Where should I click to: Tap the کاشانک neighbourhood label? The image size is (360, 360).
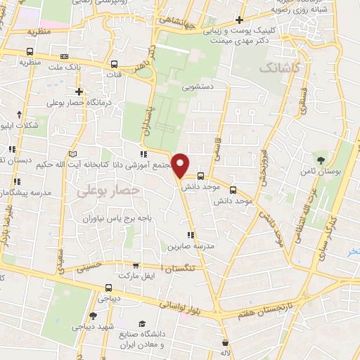[278, 68]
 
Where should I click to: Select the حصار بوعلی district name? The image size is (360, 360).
[109, 190]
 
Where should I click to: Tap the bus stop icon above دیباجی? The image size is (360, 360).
[108, 287]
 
